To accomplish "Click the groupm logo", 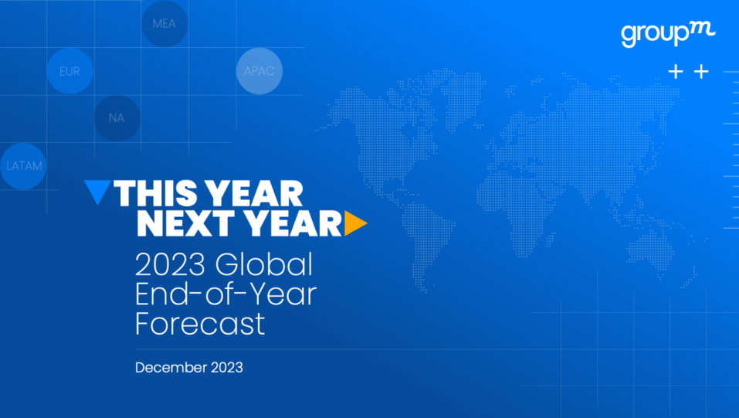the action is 668,34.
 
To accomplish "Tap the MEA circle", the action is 164,24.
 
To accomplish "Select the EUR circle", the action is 69,71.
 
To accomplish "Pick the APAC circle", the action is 259,71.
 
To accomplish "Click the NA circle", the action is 117,118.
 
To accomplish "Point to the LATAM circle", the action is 23,166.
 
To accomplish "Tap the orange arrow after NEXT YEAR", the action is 355,223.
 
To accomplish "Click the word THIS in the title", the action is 155,193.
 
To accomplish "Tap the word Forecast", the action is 200,324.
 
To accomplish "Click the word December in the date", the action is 171,368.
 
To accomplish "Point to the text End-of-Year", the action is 225,294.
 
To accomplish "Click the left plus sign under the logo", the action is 676,72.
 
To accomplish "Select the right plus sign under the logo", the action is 701,72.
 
